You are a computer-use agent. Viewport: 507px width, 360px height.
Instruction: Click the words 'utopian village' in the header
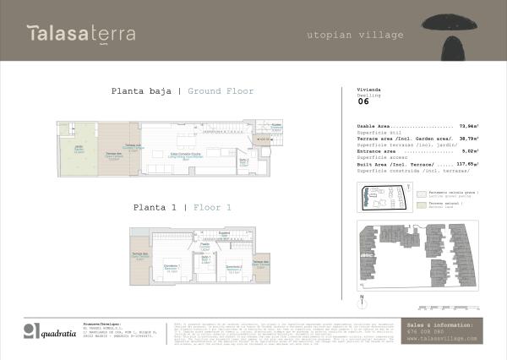coord(354,35)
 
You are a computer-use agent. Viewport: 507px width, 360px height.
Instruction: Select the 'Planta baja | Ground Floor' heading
coord(183,91)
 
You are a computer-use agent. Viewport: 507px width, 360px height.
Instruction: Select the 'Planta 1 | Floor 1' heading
coord(182,207)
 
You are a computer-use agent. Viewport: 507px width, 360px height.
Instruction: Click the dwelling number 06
coord(363,106)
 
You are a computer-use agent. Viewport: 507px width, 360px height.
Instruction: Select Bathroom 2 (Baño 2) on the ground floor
coord(243,162)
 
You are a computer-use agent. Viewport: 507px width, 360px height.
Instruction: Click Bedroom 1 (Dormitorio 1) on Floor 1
coord(171,268)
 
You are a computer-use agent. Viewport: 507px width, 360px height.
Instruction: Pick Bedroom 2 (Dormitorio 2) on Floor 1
coord(235,268)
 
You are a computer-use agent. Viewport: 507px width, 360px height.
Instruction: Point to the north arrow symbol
coord(361,298)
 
